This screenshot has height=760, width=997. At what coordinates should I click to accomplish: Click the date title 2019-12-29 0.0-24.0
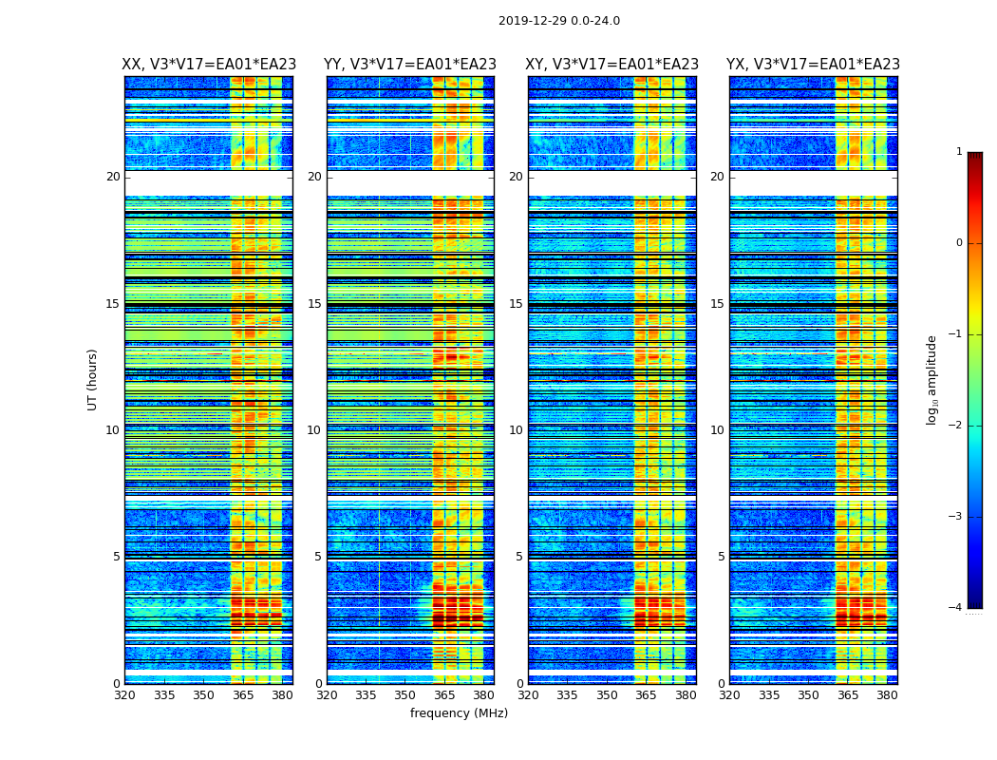pos(558,21)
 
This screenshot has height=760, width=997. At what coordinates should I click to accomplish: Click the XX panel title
pos(209,65)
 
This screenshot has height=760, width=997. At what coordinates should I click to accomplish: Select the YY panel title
pos(410,65)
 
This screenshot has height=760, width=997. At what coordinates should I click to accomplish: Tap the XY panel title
pos(612,65)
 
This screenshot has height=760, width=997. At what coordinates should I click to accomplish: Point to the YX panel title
pos(813,65)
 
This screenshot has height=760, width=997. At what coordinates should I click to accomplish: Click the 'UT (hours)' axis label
pos(92,379)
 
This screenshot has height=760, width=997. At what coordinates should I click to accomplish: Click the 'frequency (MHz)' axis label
pos(459,713)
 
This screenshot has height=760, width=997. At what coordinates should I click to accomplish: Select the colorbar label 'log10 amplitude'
pos(931,379)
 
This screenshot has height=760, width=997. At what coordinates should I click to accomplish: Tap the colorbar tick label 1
pos(959,152)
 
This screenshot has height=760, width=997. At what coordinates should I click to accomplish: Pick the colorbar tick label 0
pos(959,243)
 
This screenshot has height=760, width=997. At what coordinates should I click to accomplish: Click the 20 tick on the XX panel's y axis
pos(113,177)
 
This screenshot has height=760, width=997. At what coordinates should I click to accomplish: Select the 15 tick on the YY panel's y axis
pos(314,304)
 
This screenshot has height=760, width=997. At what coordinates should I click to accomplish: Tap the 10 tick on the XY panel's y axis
pos(516,430)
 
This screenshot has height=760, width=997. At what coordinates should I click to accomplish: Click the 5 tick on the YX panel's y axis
pos(721,557)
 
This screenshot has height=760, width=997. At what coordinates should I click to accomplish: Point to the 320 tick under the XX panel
pos(124,694)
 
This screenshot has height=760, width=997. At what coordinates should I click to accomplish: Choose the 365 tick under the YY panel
pos(444,694)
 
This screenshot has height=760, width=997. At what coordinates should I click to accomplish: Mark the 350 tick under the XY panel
pos(607,694)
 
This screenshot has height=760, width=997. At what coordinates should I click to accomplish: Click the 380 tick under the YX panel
pos(887,694)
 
